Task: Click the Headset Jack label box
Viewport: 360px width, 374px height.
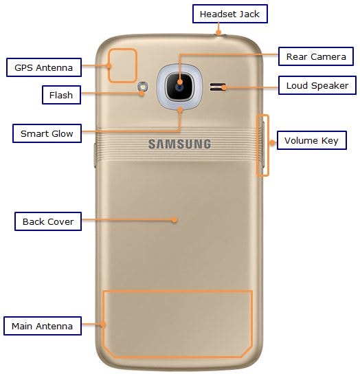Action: [x=230, y=14]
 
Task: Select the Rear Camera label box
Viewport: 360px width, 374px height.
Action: [x=316, y=56]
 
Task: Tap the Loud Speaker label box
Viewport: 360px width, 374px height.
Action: [x=317, y=85]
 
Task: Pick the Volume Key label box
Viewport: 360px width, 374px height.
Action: [x=311, y=140]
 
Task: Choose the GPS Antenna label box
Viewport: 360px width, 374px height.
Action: [x=44, y=67]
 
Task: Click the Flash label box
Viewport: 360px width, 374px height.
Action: [x=61, y=95]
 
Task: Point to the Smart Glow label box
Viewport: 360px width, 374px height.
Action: [x=47, y=133]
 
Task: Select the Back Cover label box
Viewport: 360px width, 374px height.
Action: [x=48, y=221]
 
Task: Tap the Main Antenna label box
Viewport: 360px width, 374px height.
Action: [x=43, y=326]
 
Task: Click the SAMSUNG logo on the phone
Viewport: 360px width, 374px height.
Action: [x=179, y=144]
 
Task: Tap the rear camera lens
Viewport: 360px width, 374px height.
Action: [x=179, y=87]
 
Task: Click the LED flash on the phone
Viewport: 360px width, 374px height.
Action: [x=143, y=87]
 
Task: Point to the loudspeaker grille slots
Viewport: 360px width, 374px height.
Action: [x=217, y=87]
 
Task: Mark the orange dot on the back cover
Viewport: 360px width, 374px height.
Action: [x=175, y=220]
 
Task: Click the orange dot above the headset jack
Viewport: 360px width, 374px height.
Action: [x=218, y=32]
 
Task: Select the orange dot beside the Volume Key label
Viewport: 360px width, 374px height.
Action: [x=272, y=143]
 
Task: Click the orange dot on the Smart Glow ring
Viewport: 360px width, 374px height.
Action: [x=180, y=110]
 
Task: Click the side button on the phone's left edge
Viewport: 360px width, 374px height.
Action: [x=95, y=155]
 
